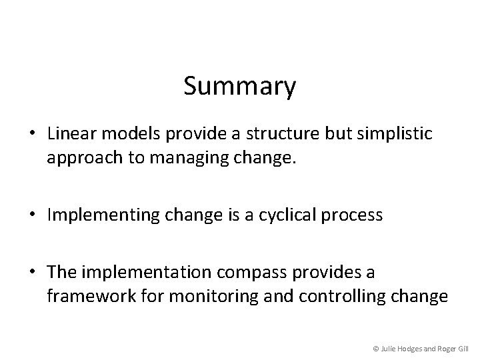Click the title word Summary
(x=240, y=87)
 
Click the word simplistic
(x=397, y=133)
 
